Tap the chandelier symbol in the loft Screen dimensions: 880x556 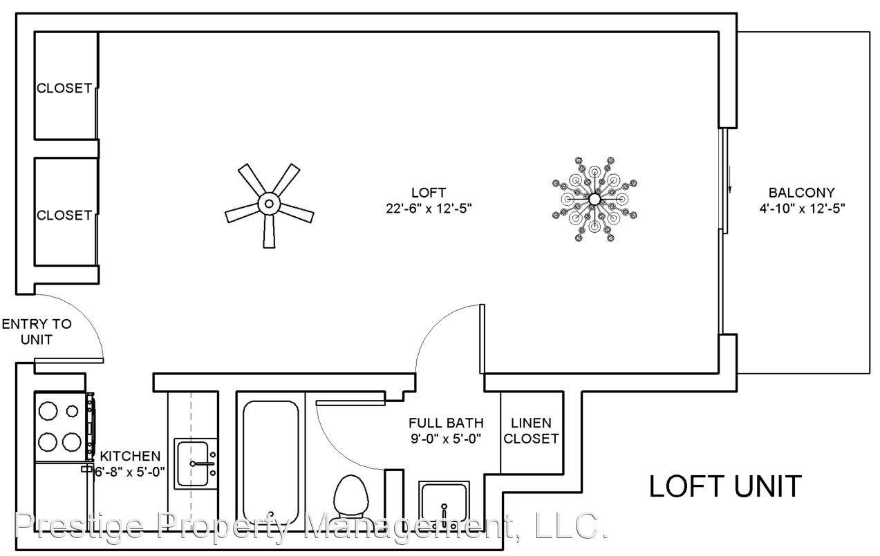pos(595,199)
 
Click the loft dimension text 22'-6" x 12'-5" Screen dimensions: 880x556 pos(429,209)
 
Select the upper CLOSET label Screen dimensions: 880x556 pos(64,88)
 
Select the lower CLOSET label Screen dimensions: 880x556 pos(64,215)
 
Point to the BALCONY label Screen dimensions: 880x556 pos(801,193)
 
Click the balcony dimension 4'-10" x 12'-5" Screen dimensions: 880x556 pos(802,209)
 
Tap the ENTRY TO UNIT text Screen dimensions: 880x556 pos(37,332)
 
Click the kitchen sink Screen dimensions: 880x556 pos(196,463)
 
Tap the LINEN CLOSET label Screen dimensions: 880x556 pos(531,431)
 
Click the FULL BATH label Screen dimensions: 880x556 pos(446,423)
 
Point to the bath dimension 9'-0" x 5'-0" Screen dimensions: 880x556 pos(446,439)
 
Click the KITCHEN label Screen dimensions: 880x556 pos(130,457)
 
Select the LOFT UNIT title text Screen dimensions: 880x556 pos(725,486)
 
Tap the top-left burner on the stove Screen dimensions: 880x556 pos(48,411)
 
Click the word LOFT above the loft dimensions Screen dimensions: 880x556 pos(429,193)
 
